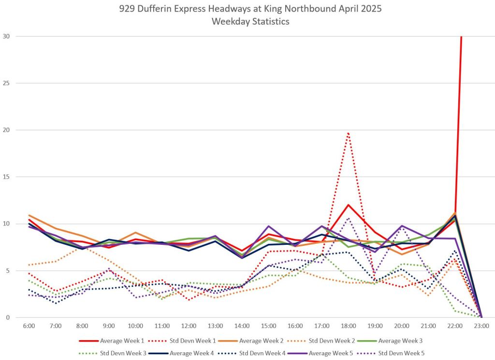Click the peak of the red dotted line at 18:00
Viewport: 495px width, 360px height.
[348, 133]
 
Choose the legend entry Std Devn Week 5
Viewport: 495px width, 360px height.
[402, 353]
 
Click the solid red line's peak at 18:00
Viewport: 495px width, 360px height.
[348, 205]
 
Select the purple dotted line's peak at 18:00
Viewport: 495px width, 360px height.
[348, 218]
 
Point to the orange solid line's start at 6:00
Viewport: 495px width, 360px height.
[29, 215]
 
